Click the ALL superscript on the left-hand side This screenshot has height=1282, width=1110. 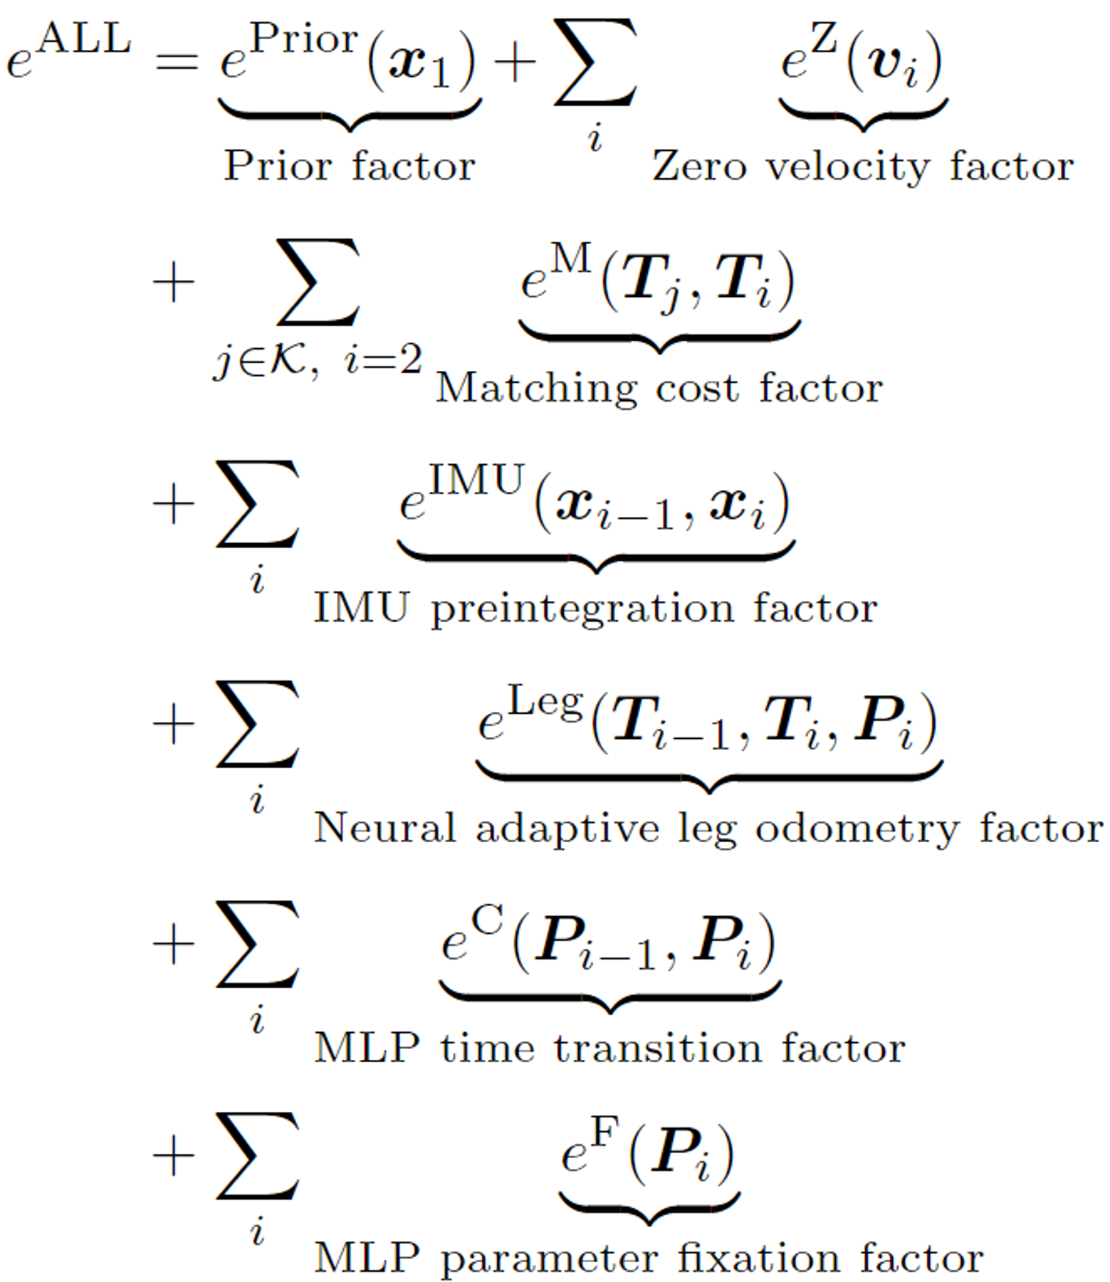[x=85, y=38]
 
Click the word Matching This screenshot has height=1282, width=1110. [x=536, y=389]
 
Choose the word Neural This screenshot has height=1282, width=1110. [x=385, y=829]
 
